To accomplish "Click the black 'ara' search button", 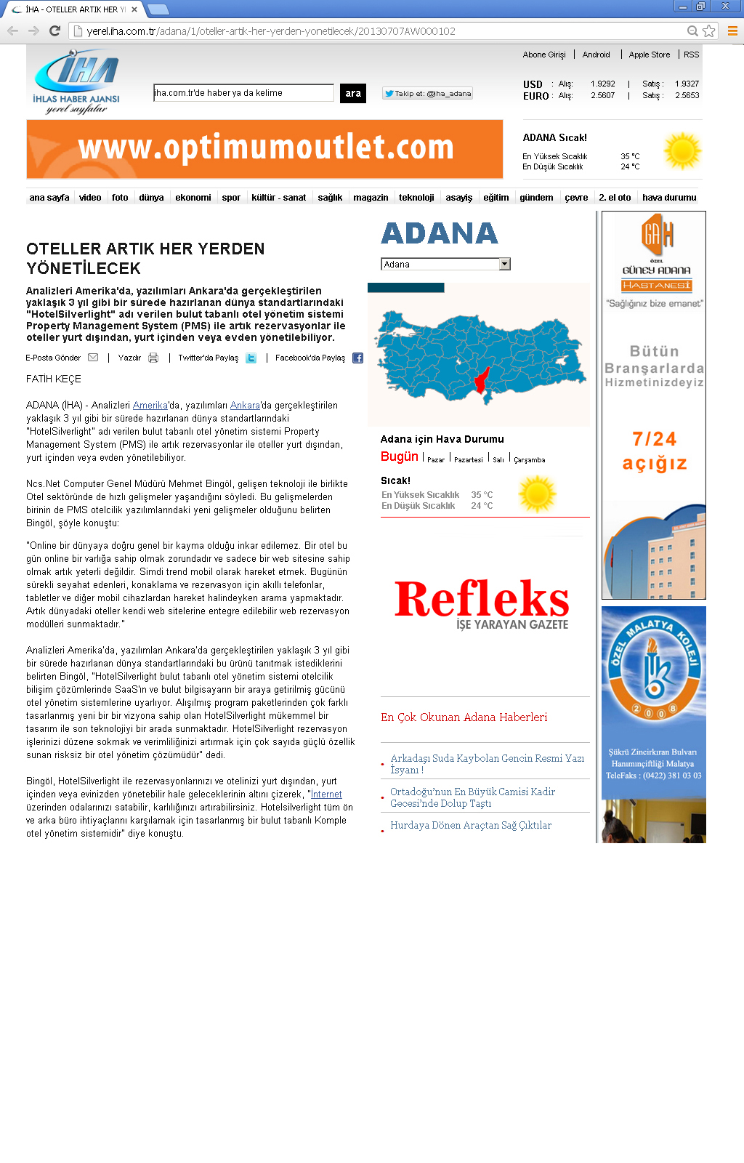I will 353,93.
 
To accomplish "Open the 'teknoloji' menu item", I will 416,198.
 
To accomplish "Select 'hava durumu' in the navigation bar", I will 669,198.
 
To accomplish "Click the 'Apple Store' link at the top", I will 650,55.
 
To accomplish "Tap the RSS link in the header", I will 691,55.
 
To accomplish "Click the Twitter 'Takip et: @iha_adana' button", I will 427,93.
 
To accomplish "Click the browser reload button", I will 54,31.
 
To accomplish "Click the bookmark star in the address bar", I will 709,31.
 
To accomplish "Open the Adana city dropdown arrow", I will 505,264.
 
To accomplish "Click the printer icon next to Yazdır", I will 153,358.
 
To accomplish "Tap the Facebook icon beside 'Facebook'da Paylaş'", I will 357,358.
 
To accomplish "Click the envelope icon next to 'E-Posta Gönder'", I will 93,358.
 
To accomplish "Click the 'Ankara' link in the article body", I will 245,406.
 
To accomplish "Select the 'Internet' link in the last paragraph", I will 326,794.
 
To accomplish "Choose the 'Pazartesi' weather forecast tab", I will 469,459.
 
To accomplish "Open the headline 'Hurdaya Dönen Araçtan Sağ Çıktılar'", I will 471,825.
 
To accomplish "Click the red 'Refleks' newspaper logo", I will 482,602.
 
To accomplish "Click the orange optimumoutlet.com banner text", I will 265,148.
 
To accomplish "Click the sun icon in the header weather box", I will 682,151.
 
